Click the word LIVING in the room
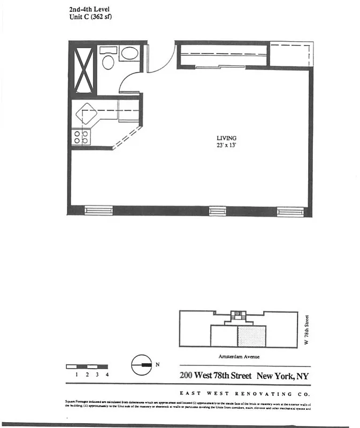[x=227, y=137]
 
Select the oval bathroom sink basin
[x=129, y=53]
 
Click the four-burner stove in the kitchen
[x=81, y=136]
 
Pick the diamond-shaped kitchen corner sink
[x=86, y=114]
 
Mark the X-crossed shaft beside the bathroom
[x=83, y=70]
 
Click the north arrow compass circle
[x=140, y=365]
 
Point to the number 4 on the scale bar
[x=108, y=374]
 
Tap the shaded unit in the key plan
[x=251, y=337]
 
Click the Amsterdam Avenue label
[x=239, y=356]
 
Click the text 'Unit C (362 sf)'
[x=91, y=17]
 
